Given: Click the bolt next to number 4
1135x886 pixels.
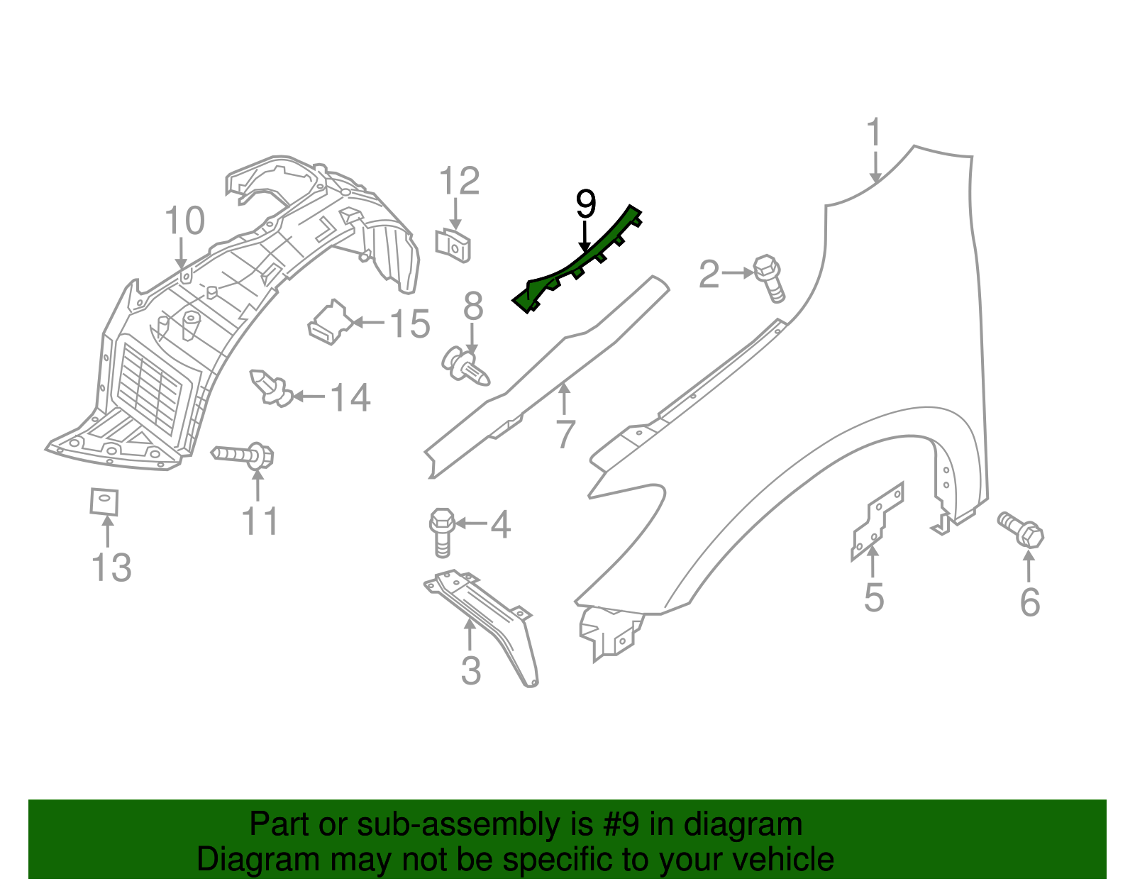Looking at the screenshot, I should [441, 532].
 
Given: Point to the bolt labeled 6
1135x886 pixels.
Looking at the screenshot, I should [1022, 529].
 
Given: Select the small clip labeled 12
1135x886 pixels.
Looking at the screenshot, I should [454, 245].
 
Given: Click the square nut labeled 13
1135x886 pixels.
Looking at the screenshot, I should [104, 502].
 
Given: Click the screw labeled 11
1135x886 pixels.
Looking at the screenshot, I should [245, 455].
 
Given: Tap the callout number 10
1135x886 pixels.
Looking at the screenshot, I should [184, 221].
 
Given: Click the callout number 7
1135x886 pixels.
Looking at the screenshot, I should [565, 434].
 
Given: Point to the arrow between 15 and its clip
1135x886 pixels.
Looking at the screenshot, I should [369, 322].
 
